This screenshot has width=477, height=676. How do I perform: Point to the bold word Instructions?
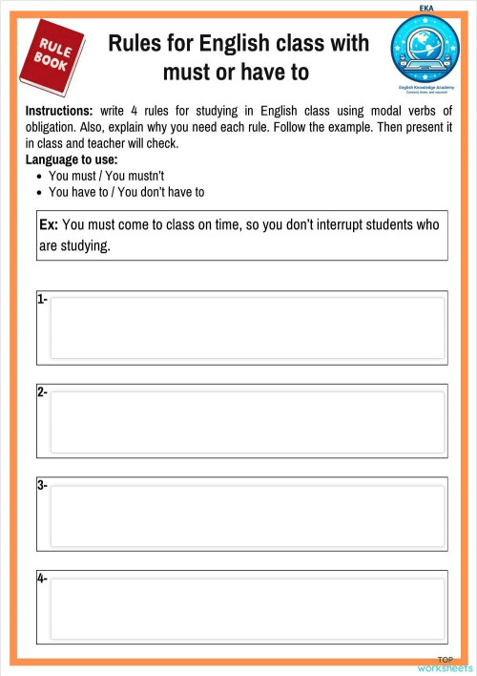(59, 111)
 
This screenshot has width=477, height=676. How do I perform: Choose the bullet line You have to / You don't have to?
(126, 192)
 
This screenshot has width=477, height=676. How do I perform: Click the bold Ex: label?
(49, 225)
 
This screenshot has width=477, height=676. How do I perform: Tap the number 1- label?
(42, 299)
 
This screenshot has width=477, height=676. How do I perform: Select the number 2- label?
(42, 392)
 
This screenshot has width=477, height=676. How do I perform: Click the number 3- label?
(42, 485)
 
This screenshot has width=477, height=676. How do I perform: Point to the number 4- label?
(42, 578)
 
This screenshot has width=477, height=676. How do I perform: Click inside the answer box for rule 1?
(247, 327)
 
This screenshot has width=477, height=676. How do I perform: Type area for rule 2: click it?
(247, 420)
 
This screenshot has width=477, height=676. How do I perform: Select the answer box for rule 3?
(247, 513)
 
